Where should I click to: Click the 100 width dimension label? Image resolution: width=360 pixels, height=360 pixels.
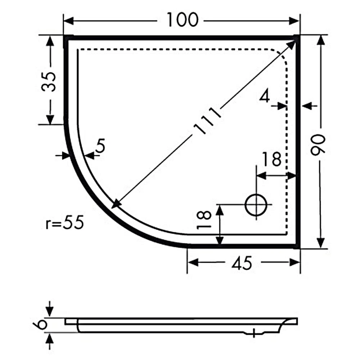pyautogui.click(x=182, y=20)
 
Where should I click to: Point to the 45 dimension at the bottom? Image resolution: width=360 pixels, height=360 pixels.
pyautogui.click(x=242, y=264)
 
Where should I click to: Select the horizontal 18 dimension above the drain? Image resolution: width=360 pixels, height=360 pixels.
pyautogui.click(x=271, y=159)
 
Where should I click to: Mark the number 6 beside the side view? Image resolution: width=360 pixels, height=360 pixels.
pyautogui.click(x=42, y=324)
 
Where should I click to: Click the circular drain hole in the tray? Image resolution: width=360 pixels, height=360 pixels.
pyautogui.click(x=256, y=205)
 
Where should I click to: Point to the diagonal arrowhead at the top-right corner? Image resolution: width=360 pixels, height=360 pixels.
pyautogui.click(x=293, y=44)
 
